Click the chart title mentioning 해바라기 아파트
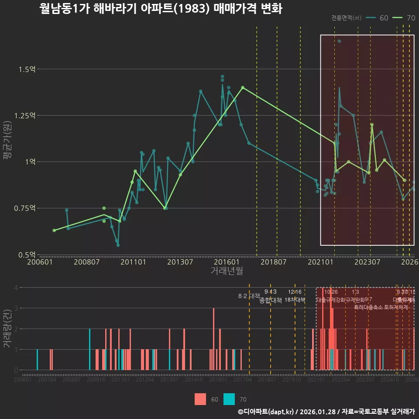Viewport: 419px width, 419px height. click(x=161, y=9)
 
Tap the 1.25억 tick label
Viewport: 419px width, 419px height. click(x=25, y=116)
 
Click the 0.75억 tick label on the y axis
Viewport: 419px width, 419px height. click(x=25, y=208)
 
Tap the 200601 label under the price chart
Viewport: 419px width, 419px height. click(x=39, y=262)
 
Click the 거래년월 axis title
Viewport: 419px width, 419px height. click(x=227, y=271)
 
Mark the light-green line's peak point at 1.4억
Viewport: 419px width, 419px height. click(x=243, y=87)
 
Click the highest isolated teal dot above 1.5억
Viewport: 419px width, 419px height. click(x=339, y=41)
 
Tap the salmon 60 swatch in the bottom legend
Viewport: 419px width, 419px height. click(x=200, y=399)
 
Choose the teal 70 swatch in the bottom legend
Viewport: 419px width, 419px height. click(x=229, y=399)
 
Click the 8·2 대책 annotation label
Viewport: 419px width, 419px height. click(x=249, y=296)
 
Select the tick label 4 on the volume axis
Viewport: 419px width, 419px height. click(x=16, y=288)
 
